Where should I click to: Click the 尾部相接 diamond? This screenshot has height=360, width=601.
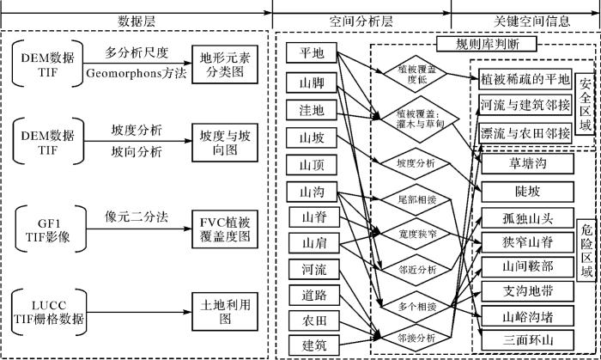click(418, 199)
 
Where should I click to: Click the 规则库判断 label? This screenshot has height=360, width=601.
click(486, 44)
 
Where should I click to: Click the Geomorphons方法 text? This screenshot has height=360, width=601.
click(134, 75)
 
